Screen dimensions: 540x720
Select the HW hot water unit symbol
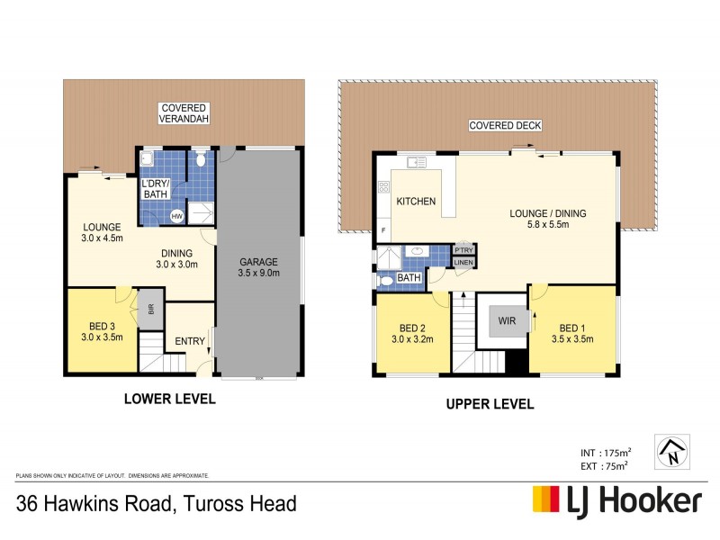click(x=177, y=216)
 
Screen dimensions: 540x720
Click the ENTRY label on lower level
click(x=190, y=341)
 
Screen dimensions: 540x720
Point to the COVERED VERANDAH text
click(x=184, y=113)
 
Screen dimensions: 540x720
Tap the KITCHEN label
click(x=416, y=201)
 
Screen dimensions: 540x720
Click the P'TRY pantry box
click(x=463, y=249)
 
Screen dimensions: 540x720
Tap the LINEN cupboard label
click(x=463, y=262)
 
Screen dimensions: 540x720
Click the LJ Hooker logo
click(x=616, y=500)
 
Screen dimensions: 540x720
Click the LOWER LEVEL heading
click(x=169, y=398)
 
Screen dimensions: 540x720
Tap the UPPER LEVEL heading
click(x=490, y=404)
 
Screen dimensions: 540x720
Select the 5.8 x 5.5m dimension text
click(x=548, y=226)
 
